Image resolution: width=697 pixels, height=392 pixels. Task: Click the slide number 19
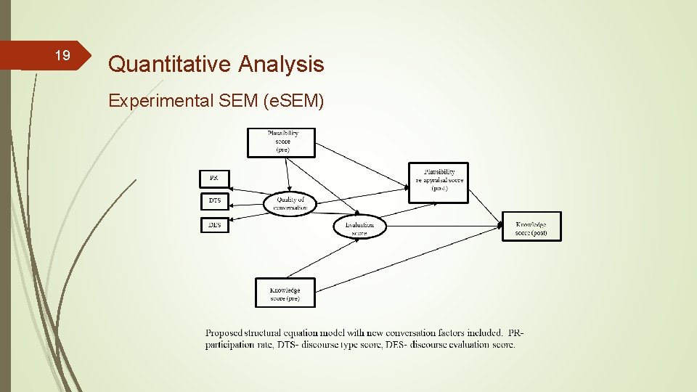tap(62, 56)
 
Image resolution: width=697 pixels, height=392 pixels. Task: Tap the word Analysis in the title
tap(280, 65)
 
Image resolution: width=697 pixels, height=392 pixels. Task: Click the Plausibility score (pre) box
tap(282, 142)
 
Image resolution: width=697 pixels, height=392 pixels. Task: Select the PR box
tap(214, 178)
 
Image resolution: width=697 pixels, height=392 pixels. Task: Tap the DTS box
tap(214, 201)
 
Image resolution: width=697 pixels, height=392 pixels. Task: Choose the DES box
tap(214, 225)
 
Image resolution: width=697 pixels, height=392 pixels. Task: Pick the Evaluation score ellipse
tap(359, 227)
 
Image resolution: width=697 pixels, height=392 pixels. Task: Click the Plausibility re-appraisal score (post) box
tap(439, 182)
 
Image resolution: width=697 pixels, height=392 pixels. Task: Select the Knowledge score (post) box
tap(531, 227)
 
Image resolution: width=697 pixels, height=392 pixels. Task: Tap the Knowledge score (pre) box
tap(285, 293)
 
